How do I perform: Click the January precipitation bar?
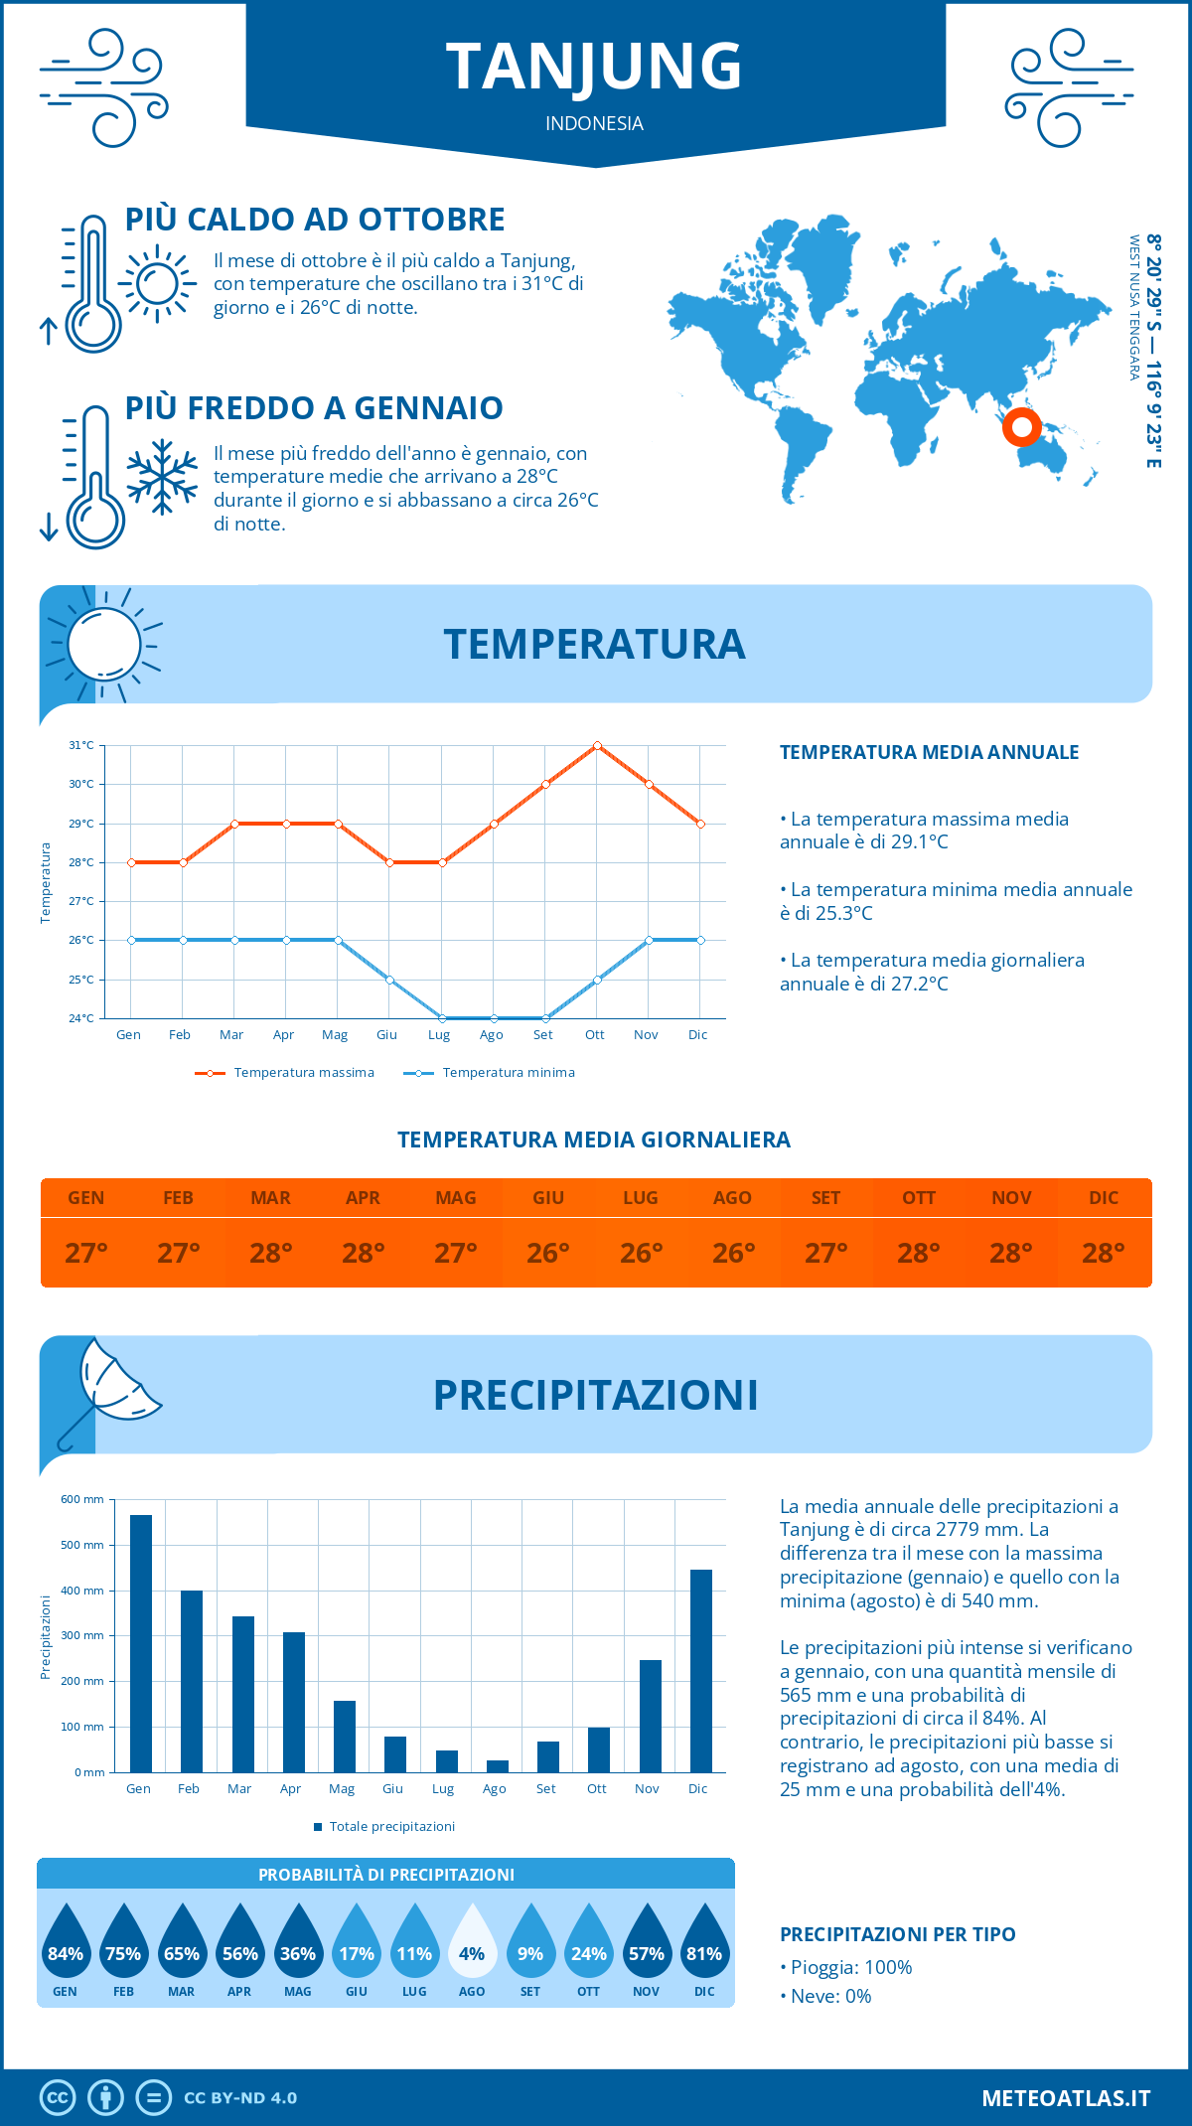click(x=141, y=1643)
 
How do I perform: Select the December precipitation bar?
click(x=701, y=1671)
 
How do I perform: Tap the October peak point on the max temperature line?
click(x=597, y=745)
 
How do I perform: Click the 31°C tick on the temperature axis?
click(x=81, y=745)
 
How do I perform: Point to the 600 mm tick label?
click(x=82, y=1499)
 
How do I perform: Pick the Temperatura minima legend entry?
click(x=490, y=1073)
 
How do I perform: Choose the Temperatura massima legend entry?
click(x=285, y=1073)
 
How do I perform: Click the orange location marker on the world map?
click(x=1021, y=427)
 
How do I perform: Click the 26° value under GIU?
click(x=548, y=1253)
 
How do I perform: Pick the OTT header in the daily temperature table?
click(x=919, y=1198)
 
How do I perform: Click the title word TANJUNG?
click(x=594, y=67)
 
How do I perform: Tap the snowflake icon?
click(x=162, y=476)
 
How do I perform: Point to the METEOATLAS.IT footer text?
click(x=1066, y=2098)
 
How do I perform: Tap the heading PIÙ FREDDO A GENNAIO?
click(x=314, y=408)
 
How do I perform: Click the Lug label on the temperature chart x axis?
click(x=439, y=1035)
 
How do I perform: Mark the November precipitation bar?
click(x=651, y=1716)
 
